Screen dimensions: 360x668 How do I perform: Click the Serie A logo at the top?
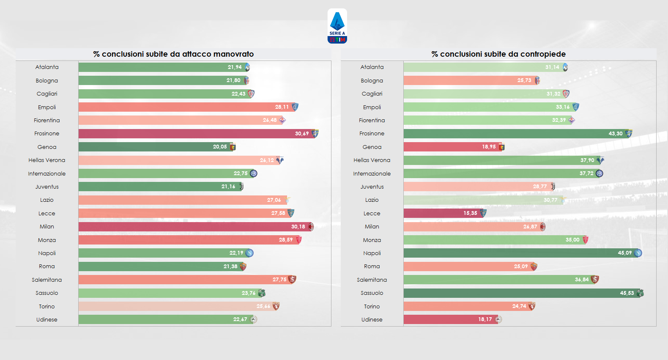point(337,26)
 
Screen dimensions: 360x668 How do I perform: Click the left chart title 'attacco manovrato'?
point(173,54)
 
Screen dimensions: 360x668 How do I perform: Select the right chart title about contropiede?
point(498,54)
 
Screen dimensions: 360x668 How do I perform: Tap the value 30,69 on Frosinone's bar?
point(302,134)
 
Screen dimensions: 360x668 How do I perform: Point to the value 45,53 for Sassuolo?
point(627,293)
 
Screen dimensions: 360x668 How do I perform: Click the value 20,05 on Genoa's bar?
point(220,147)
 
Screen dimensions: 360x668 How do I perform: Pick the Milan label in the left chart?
point(47,227)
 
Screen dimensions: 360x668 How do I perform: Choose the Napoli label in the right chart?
point(372,253)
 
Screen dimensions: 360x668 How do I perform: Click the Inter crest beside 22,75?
point(253,173)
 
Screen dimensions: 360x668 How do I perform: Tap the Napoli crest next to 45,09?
point(638,253)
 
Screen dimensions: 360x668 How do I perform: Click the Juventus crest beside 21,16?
point(241,187)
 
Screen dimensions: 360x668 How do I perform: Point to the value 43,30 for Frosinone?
point(616,134)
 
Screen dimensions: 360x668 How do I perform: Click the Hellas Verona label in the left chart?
point(47,160)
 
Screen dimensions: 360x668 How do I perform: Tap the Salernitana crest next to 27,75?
point(292,280)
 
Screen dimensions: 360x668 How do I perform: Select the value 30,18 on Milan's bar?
point(298,227)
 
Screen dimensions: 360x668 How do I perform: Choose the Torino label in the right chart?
point(372,307)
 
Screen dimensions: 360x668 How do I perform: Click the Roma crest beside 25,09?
point(534,267)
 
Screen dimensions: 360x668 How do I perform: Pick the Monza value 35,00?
point(572,240)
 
